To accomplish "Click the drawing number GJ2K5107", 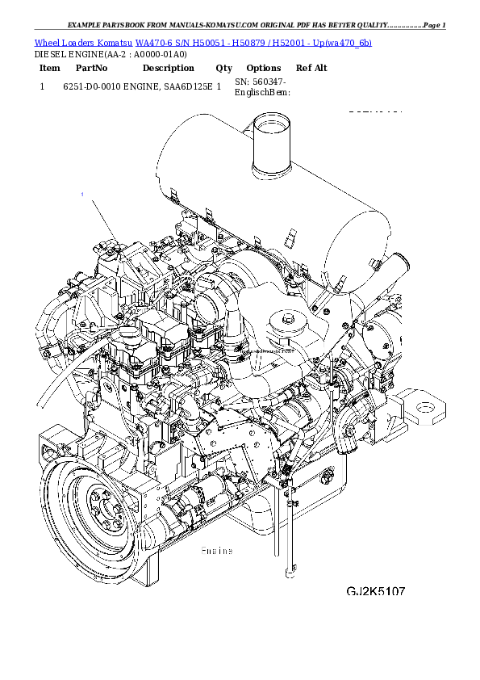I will click(x=376, y=591).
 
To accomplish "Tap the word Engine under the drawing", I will click(x=216, y=551).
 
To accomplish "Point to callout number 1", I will click(x=82, y=194).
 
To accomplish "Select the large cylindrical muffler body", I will click(x=266, y=202).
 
